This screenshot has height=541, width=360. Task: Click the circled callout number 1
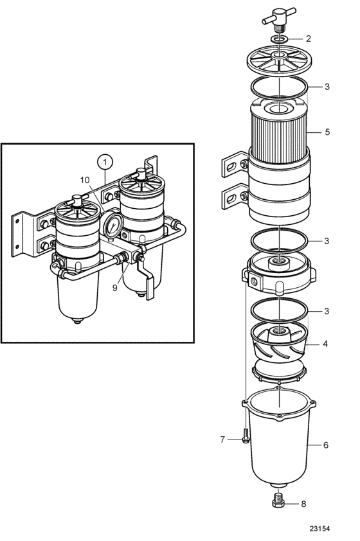(105, 161)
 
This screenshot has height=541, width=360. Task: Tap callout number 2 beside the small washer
(308, 39)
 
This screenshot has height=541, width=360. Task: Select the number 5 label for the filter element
(327, 132)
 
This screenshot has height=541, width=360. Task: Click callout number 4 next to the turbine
(325, 344)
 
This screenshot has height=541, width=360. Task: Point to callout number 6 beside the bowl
(326, 445)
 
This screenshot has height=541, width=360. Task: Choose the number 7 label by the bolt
(222, 439)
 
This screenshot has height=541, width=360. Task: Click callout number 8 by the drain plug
(303, 504)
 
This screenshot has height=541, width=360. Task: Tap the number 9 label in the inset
(115, 287)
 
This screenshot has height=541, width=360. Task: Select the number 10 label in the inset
(85, 180)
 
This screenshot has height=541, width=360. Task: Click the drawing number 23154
(319, 529)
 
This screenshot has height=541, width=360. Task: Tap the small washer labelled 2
(279, 39)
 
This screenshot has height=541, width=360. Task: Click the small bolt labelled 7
(246, 436)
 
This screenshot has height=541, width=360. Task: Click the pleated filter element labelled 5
(278, 131)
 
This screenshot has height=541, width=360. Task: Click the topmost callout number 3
(327, 86)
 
